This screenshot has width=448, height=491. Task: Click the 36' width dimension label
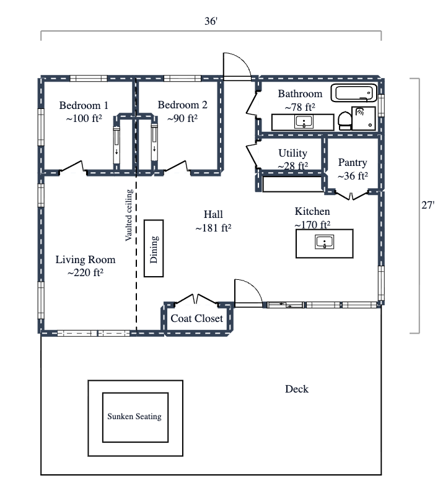pos(211,21)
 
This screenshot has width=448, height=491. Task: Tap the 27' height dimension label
pos(428,206)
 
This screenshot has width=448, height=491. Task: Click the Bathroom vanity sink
pos(304,121)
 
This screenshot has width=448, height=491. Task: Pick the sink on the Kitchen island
pos(325,242)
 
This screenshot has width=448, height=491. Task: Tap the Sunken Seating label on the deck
pos(134,417)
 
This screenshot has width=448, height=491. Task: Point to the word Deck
pos(297,389)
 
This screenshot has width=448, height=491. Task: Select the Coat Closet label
pos(197,319)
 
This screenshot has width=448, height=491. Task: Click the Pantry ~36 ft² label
pos(353,169)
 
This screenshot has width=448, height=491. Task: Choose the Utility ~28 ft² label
pos(292,159)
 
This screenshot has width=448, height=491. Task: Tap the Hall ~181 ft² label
pos(213,221)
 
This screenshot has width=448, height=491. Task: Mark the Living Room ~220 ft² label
pos(86,266)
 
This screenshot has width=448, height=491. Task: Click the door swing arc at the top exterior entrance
pos(238,64)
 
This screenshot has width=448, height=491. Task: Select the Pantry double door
pos(351,196)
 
